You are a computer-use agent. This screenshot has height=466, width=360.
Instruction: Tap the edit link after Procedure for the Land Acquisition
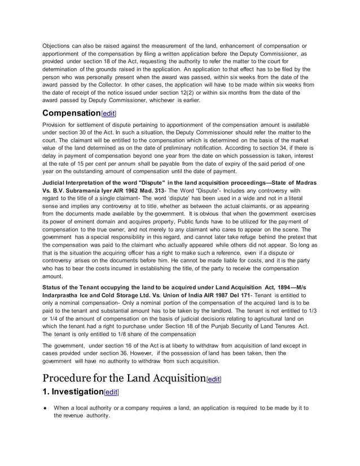coord(214,380)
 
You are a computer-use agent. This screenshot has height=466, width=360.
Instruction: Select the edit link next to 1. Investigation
coord(111,392)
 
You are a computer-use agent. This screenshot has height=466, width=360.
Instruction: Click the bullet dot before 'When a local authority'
coord(45,408)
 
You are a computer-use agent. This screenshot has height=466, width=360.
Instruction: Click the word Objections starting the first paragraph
coord(59,46)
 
